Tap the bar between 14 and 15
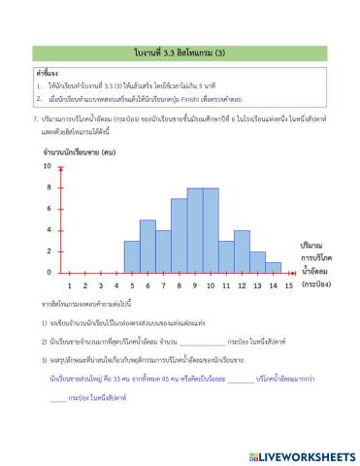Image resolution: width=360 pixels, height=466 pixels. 274,267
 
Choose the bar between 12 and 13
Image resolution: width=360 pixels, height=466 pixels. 243,256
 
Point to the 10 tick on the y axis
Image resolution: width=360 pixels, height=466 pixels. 48,166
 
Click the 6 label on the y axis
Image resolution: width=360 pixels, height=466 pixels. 48,209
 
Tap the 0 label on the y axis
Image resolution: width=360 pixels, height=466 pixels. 48,273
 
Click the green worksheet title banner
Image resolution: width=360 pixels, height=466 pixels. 180,50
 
